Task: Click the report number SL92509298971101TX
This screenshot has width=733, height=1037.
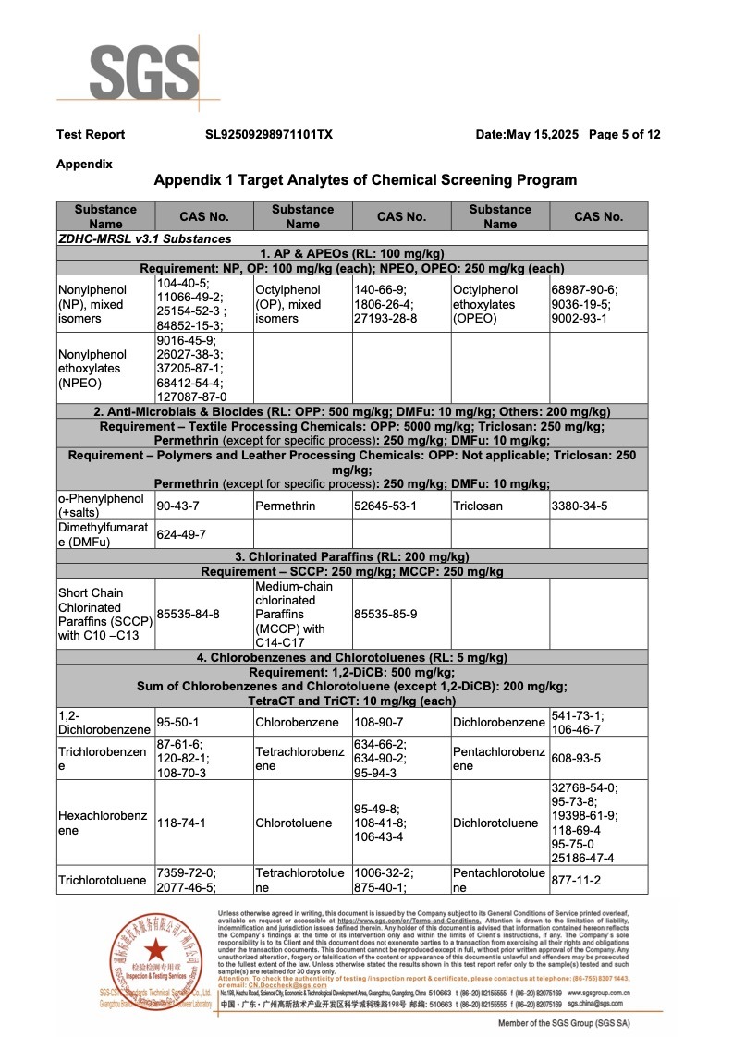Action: (269, 135)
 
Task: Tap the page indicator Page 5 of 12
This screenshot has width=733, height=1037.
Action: (624, 135)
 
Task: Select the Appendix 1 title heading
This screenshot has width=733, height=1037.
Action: (365, 180)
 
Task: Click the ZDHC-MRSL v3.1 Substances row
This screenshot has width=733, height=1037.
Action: (144, 238)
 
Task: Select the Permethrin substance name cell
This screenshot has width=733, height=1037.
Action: (285, 506)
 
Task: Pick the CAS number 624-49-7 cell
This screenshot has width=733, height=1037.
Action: (181, 534)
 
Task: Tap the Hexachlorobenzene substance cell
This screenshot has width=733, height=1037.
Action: (103, 823)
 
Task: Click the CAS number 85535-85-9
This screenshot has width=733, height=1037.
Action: (385, 614)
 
